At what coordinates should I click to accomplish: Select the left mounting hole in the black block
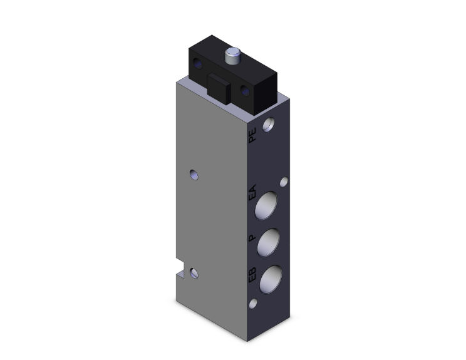point(200,65)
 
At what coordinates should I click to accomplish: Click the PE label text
point(253,136)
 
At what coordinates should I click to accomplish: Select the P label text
point(252,239)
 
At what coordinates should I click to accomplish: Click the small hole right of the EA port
point(284,182)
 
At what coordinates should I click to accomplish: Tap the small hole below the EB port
point(254,304)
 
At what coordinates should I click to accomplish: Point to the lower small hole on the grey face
point(195,274)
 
